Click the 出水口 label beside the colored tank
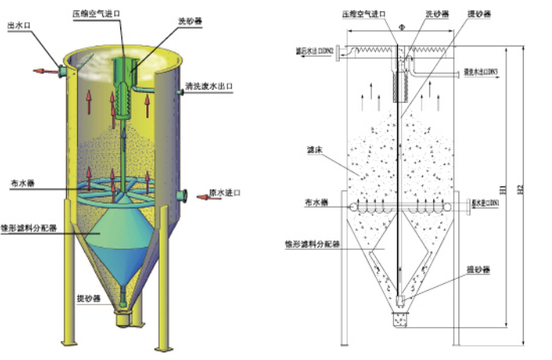[x=18, y=26]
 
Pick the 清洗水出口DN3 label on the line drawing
[x=480, y=72]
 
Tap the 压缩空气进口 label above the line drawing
[x=366, y=14]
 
